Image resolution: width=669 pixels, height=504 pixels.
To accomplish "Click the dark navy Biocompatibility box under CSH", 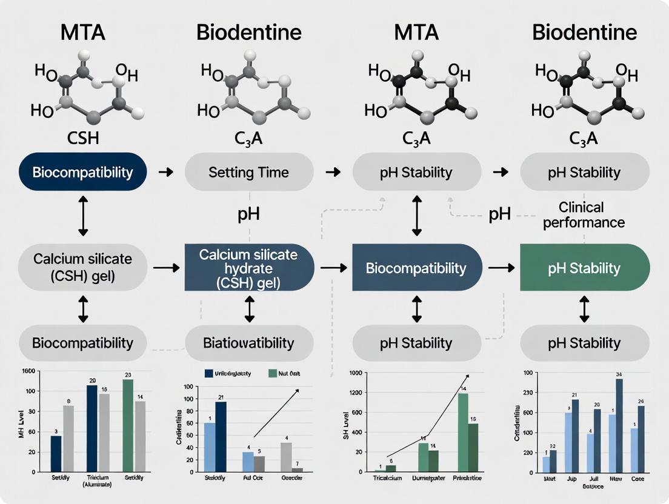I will [x=83, y=172].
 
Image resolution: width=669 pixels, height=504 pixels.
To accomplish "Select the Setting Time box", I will [x=248, y=172].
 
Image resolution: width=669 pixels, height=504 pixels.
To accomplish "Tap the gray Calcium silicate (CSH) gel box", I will [x=83, y=267].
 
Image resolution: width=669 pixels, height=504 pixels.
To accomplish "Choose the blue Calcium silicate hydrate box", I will [x=248, y=267].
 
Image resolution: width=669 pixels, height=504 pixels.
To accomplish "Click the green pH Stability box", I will [x=584, y=268].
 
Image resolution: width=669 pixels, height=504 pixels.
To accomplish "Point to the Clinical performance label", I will [x=584, y=215].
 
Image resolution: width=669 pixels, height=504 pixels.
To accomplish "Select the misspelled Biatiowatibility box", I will [x=248, y=343].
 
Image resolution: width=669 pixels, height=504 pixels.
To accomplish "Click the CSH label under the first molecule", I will [x=83, y=138].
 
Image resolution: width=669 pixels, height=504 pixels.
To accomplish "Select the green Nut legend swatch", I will [x=273, y=374].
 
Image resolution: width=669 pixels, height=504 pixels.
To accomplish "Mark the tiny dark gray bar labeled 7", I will [x=297, y=469].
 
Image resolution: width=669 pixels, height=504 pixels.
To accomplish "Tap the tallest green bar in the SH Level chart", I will [x=463, y=432].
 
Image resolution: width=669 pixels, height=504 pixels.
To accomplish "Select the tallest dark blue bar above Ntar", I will [x=619, y=425].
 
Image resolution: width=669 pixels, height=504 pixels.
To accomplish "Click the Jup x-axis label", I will [x=571, y=479].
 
